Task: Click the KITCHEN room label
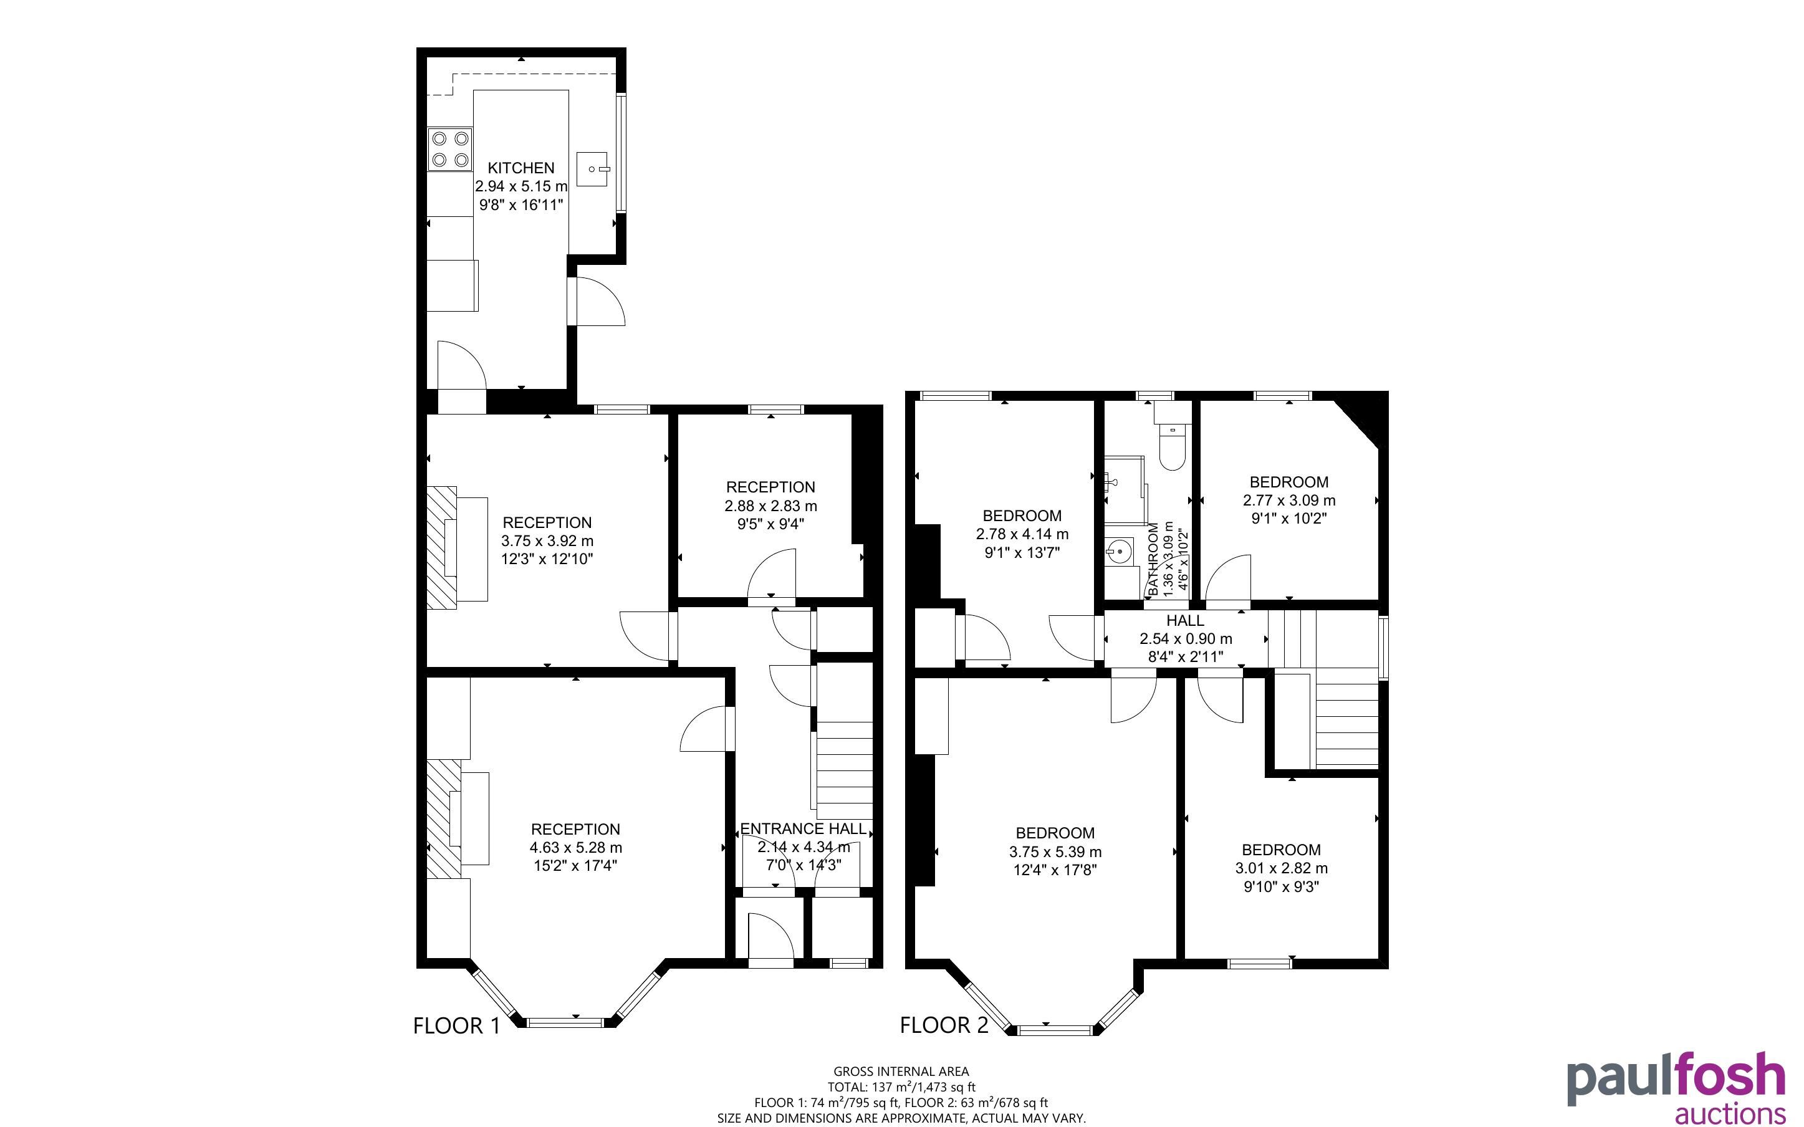point(521,168)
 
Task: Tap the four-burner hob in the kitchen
point(450,149)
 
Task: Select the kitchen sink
point(593,169)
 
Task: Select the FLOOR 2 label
point(944,1025)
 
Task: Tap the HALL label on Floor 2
point(1185,620)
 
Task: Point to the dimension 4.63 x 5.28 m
point(576,848)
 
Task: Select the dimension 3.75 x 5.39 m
point(1055,851)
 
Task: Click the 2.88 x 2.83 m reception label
point(770,506)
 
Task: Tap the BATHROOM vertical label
point(1153,559)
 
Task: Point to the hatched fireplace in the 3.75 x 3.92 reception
point(441,548)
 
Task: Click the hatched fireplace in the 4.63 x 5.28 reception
point(444,819)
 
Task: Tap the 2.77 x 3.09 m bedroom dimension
point(1289,500)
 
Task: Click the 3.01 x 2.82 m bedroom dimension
point(1281,868)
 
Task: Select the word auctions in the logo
point(1730,1113)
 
